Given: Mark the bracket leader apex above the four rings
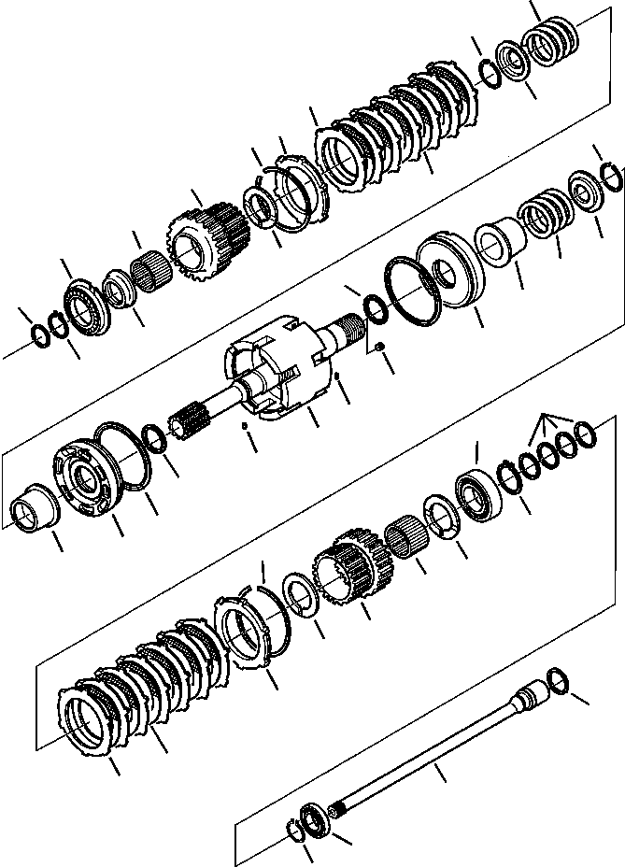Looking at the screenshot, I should [x=541, y=419].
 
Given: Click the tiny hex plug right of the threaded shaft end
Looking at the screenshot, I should [x=379, y=348].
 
